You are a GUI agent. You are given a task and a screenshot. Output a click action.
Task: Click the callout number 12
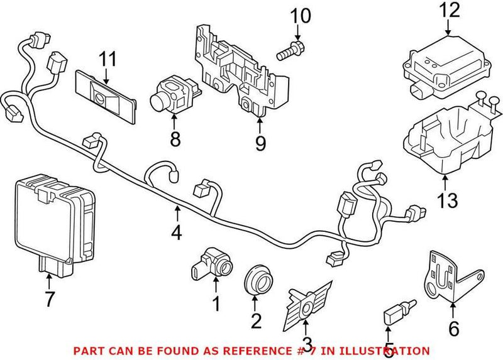pos(450,10)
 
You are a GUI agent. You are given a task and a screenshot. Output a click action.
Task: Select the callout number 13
pos(446,202)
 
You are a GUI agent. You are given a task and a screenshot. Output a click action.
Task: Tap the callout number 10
pos(301,16)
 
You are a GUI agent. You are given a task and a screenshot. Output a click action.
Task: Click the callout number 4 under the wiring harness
pos(177,233)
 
